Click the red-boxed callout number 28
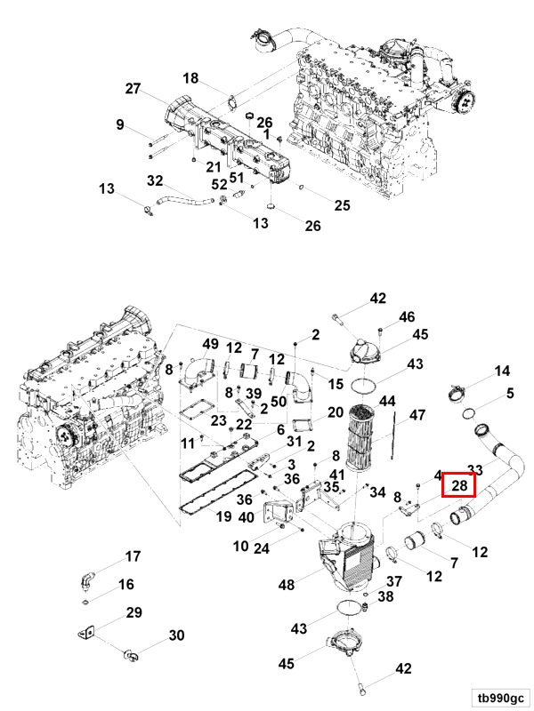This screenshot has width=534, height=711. (x=459, y=485)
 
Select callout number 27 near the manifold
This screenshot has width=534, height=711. (x=133, y=89)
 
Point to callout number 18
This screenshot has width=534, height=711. (x=191, y=78)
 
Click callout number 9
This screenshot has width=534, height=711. (x=120, y=124)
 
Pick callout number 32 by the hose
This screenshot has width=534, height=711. (x=154, y=180)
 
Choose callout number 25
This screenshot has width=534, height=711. (x=342, y=205)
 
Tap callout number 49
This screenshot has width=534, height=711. (x=210, y=344)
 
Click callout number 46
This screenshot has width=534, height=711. (x=407, y=316)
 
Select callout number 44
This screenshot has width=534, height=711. (x=388, y=401)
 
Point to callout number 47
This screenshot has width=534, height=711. (x=417, y=415)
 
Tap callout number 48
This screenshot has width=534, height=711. (x=287, y=585)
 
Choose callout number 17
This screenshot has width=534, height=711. (x=133, y=557)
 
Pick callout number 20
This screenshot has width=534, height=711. (x=335, y=412)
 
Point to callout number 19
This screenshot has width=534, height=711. (x=223, y=515)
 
